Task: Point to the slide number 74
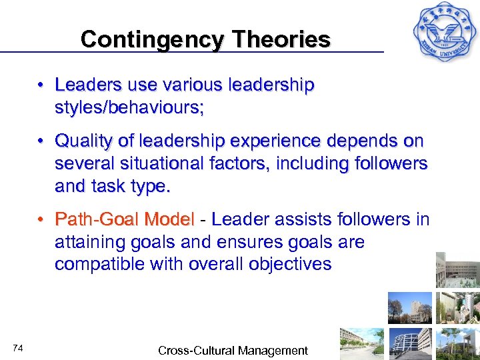click(x=18, y=348)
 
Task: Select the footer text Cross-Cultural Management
click(x=233, y=350)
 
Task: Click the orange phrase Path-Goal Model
click(x=125, y=219)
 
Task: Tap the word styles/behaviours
click(x=129, y=107)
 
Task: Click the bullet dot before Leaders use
click(x=41, y=85)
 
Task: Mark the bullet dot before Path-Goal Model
click(x=41, y=219)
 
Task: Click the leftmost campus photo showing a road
click(x=361, y=343)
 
